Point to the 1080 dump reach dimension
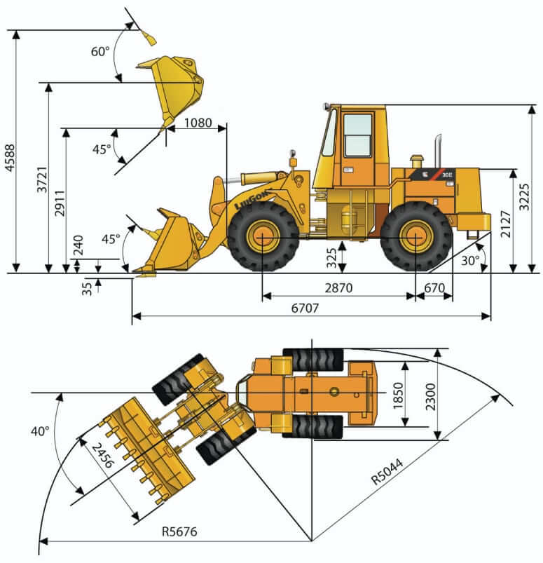(x=198, y=123)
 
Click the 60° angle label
(x=100, y=51)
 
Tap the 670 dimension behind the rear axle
(x=434, y=287)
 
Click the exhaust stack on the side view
(x=438, y=150)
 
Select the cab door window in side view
(x=357, y=135)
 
